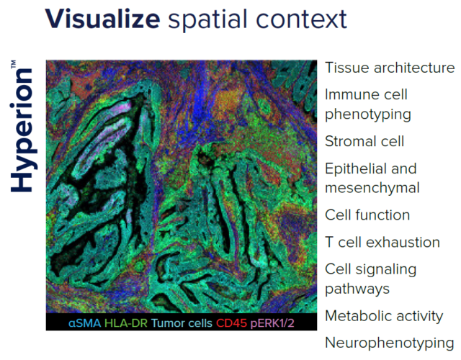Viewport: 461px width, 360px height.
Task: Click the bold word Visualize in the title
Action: pos(102,19)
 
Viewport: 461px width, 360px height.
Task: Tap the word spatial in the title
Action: pos(209,20)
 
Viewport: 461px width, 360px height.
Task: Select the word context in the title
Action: pos(302,19)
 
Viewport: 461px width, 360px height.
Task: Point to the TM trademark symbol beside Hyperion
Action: pos(14,65)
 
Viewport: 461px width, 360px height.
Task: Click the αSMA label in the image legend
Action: pos(85,323)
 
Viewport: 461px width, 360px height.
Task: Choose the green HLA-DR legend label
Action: pos(126,323)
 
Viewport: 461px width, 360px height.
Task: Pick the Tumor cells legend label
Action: pos(182,323)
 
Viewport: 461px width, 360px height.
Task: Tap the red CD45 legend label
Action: pos(231,323)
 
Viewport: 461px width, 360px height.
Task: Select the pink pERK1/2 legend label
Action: pos(272,323)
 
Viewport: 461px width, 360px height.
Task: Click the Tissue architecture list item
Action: pos(390,68)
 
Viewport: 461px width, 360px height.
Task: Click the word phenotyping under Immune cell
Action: pos(368,114)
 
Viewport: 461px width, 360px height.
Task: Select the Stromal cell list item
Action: pos(364,141)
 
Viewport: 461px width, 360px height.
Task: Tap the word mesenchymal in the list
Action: pos(372,188)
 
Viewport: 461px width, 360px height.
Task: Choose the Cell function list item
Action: pos(367,215)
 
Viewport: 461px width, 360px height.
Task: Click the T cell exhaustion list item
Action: pos(382,242)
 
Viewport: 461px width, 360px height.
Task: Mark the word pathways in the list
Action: pos(357,289)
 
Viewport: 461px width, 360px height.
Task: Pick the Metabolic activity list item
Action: pos(384,316)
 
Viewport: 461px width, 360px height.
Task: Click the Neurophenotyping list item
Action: pos(390,343)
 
